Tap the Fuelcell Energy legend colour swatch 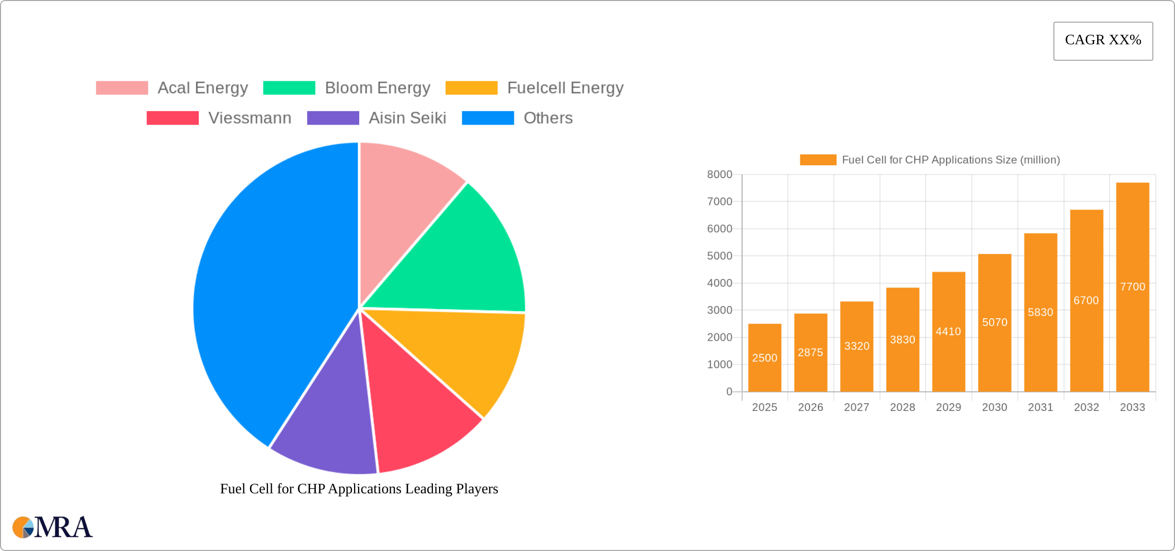(x=471, y=88)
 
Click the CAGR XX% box (x=1103, y=41)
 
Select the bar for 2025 (x=764, y=357)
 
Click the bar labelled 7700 (x=1132, y=287)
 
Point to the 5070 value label (x=995, y=322)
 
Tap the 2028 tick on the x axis (x=902, y=407)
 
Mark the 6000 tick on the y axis (x=719, y=229)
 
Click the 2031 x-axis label (x=1040, y=407)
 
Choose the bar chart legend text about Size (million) (x=950, y=160)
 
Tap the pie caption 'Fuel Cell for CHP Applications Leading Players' (x=359, y=488)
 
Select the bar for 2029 (x=948, y=332)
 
